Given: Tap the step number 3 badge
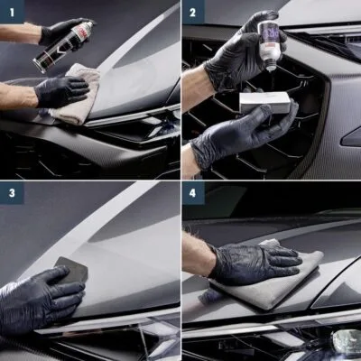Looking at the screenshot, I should pos(10,193).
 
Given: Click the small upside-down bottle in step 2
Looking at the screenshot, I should pos(268,42).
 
